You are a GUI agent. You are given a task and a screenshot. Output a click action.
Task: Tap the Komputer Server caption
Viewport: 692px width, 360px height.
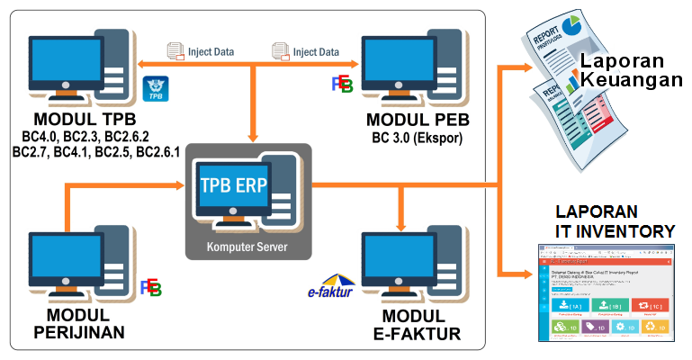[247, 246]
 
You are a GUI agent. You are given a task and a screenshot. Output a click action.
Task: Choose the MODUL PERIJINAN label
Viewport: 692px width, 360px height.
[77, 325]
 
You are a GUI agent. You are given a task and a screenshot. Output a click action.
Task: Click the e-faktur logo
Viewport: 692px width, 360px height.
[330, 289]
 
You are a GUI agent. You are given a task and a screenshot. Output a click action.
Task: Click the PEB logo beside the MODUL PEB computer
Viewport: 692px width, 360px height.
[342, 85]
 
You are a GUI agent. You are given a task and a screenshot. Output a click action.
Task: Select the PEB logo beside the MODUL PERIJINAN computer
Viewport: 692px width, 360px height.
[150, 288]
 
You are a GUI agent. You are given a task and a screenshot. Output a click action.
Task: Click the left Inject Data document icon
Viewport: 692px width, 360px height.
[176, 51]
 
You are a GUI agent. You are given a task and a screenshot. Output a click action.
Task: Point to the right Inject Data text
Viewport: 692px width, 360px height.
[317, 51]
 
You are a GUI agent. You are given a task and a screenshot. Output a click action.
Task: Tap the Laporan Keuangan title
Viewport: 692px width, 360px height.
[629, 70]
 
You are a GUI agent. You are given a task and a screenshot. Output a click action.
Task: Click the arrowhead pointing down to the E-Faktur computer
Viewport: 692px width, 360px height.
[401, 220]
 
